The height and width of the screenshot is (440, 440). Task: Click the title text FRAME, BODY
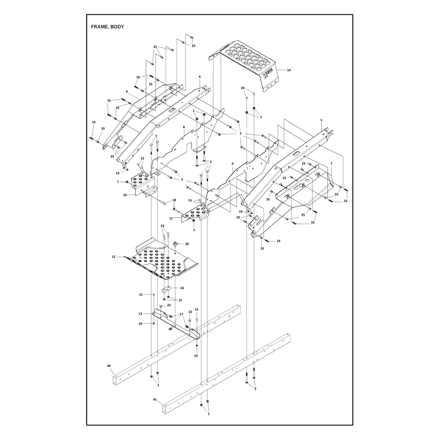[x=107, y=27]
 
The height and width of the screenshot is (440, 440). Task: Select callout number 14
[x=289, y=70]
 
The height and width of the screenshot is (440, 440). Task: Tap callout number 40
[x=109, y=366]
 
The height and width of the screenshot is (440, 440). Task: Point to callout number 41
[x=155, y=399]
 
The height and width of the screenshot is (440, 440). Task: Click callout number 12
[x=114, y=257]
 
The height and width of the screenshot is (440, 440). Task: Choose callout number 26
[x=243, y=88]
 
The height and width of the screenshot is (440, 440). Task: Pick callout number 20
[x=187, y=244]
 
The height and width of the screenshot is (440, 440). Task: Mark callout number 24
[x=182, y=288]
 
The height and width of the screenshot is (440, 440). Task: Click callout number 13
[x=140, y=313]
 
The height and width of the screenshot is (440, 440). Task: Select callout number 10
[x=125, y=195]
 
